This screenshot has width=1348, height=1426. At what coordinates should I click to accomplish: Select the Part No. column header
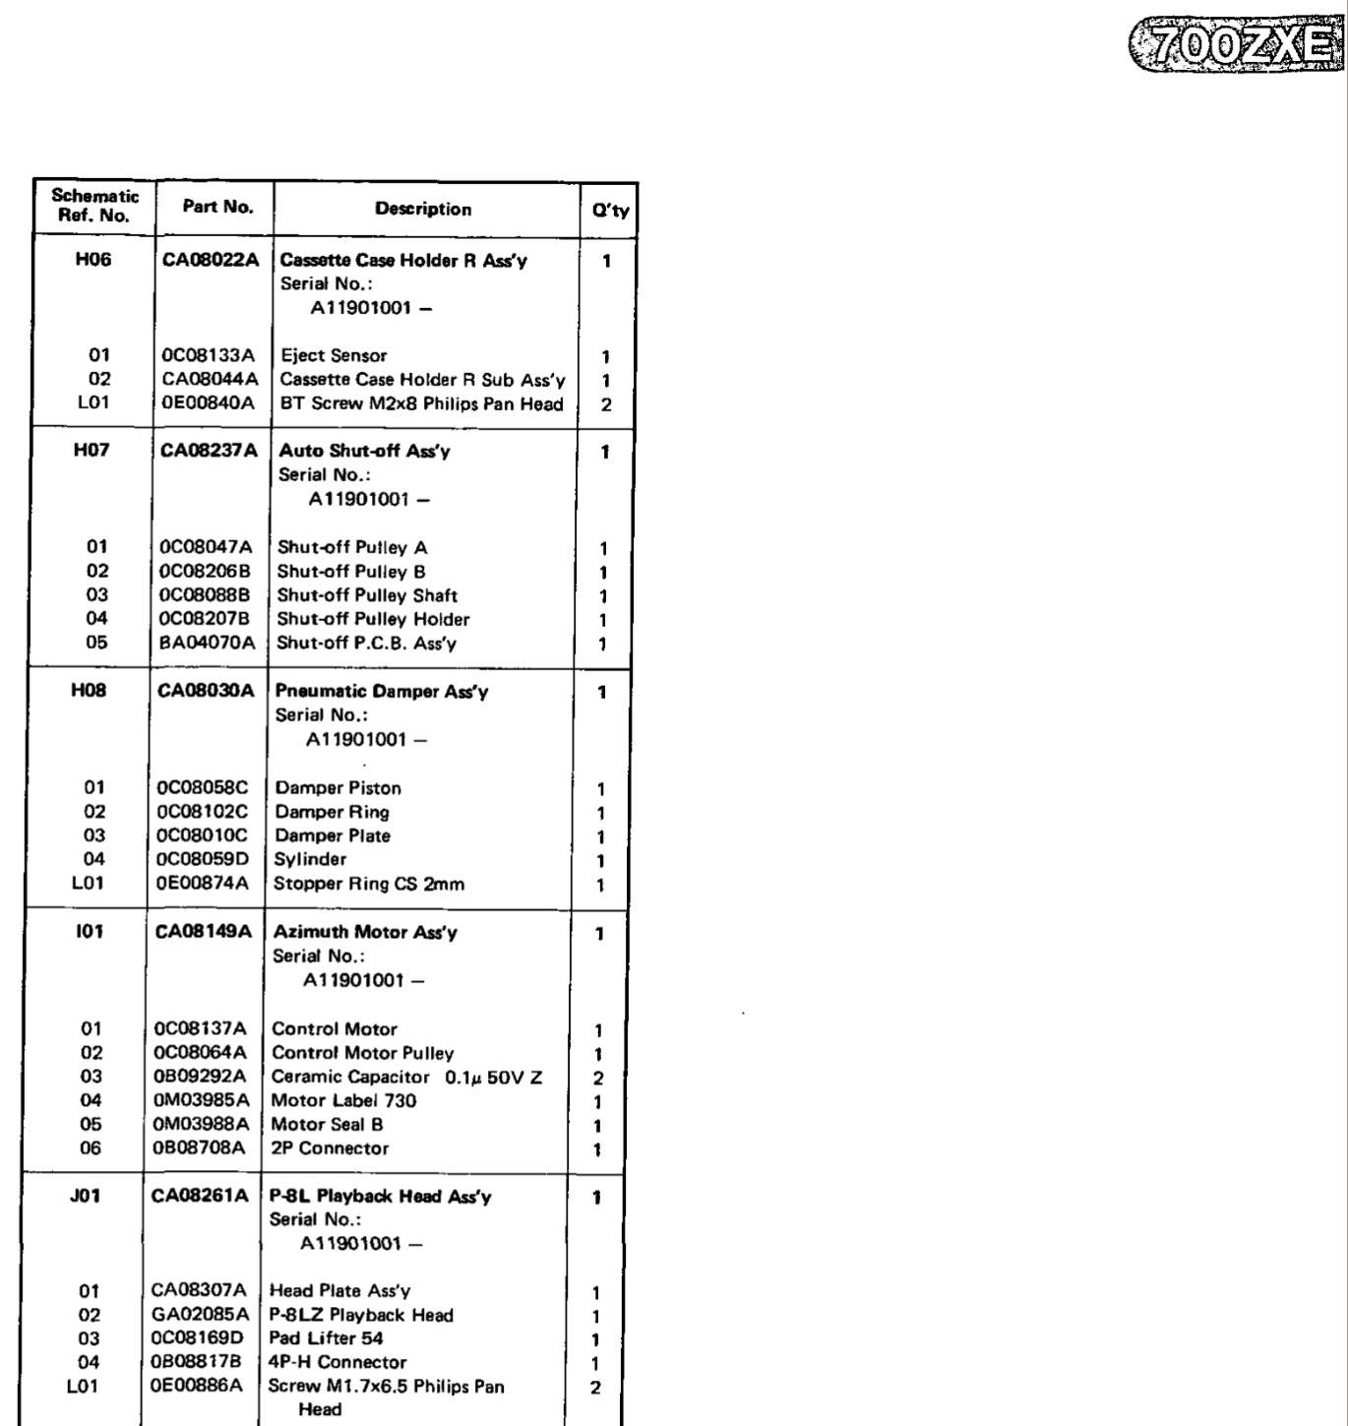[217, 207]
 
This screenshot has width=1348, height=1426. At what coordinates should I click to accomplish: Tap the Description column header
[423, 209]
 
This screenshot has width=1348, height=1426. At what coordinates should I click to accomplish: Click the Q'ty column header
[610, 210]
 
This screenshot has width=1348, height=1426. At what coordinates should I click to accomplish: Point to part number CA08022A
[211, 260]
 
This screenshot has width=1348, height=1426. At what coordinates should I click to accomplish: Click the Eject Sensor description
[334, 355]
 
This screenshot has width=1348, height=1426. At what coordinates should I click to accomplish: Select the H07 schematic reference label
[92, 450]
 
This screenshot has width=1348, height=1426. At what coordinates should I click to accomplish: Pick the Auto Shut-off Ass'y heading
[364, 451]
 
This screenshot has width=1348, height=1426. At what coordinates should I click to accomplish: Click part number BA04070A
[207, 643]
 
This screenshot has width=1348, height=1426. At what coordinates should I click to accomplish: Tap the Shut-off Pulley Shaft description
[367, 595]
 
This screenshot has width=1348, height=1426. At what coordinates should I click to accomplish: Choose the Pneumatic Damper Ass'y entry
[382, 691]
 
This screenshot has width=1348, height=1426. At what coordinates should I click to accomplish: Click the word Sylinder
[310, 859]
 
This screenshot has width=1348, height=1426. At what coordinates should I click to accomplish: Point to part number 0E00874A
[203, 883]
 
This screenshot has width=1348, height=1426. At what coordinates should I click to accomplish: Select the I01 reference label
[90, 931]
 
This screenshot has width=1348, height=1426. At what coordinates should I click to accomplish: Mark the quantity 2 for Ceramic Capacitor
[598, 1079]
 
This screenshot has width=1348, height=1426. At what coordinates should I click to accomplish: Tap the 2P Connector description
[330, 1148]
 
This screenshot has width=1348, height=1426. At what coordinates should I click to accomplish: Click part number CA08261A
[201, 1196]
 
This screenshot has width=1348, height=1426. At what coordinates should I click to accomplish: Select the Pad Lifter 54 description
[326, 1338]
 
